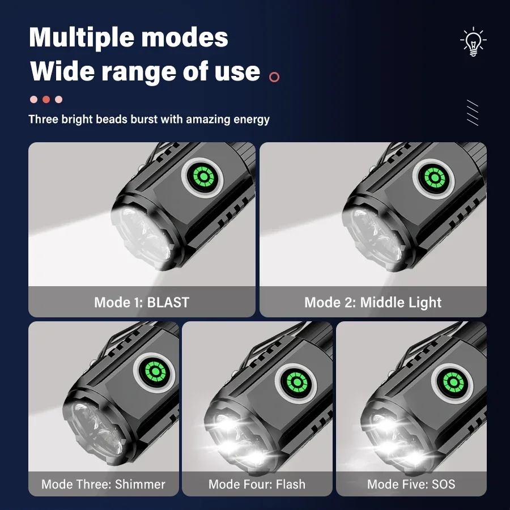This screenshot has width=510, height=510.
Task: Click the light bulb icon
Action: tap(473, 41)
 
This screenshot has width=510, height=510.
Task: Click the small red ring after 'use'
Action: tap(274, 77)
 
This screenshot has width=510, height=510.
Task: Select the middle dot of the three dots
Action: tap(46, 99)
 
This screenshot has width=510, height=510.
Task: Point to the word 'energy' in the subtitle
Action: tap(252, 120)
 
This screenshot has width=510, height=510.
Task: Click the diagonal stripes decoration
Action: tap(473, 113)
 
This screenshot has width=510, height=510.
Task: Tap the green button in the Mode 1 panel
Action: tap(203, 177)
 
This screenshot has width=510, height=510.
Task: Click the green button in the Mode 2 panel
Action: tap(434, 177)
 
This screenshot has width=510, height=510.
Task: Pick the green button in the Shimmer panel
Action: tap(155, 371)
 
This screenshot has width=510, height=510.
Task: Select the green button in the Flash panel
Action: tap(296, 382)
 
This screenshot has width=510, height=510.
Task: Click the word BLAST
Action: tap(168, 302)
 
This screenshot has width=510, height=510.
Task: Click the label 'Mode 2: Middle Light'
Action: tap(373, 303)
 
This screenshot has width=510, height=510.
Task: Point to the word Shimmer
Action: tap(140, 484)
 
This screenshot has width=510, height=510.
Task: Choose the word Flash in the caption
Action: tap(291, 484)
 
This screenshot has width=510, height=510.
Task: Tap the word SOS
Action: tap(443, 484)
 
